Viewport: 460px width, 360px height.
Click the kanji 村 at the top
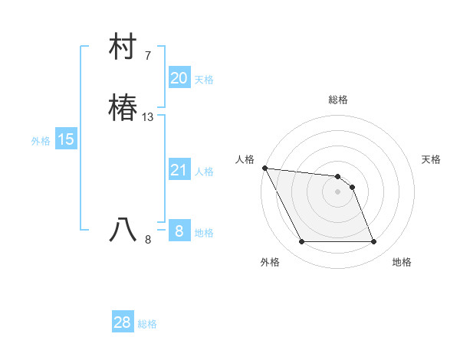coord(123,48)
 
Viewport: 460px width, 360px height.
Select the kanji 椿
coord(123,108)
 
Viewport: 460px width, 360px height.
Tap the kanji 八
coord(123,230)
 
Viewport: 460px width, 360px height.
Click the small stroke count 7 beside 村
coord(148,56)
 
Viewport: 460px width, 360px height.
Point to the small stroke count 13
coord(148,117)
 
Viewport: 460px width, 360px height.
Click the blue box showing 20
coord(179,78)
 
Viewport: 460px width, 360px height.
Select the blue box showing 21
coord(179,170)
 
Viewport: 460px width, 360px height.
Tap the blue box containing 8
coord(179,231)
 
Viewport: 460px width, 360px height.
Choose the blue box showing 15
coord(66,139)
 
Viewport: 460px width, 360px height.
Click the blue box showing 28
coord(123,322)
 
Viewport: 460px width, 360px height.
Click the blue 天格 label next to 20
coord(204,80)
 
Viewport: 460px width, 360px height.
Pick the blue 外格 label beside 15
coord(41,141)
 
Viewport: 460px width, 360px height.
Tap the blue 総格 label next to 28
coord(147,324)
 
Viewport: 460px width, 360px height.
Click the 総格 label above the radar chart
coord(338,100)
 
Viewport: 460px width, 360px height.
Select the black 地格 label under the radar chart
coord(402,262)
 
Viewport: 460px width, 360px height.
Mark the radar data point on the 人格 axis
coord(264,168)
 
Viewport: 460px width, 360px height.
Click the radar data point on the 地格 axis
coord(373,242)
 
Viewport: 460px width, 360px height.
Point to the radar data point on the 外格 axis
coord(301,242)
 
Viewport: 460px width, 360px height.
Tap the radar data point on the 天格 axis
coord(352,187)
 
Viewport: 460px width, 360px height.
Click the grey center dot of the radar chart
coord(337,191)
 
